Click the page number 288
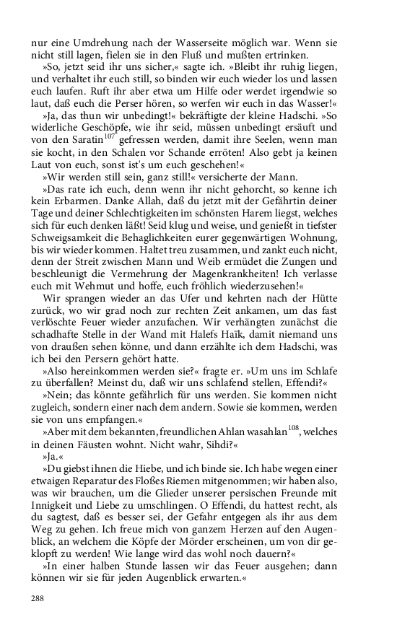click(x=38, y=597)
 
